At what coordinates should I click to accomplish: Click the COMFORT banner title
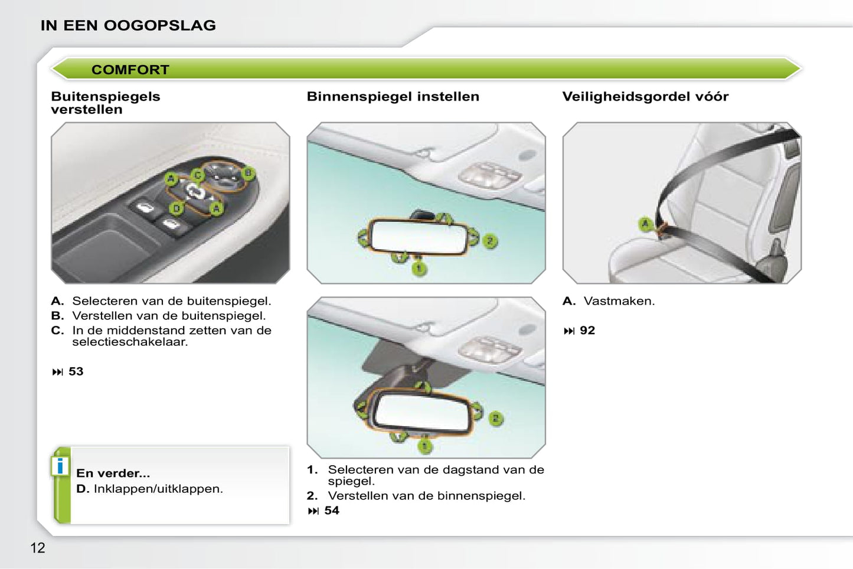tap(130, 70)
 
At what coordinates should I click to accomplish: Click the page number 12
tap(38, 548)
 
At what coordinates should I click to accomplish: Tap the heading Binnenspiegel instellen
tap(393, 96)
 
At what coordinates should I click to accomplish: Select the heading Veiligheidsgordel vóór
tap(645, 96)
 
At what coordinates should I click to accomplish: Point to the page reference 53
tap(76, 371)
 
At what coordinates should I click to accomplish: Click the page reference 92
tap(587, 330)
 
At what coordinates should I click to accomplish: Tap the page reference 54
tap(332, 511)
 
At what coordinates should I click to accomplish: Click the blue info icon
tap(60, 466)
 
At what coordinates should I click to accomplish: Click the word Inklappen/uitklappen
tap(158, 489)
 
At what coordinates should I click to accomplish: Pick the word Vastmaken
tap(619, 301)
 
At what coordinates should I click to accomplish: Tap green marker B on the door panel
tap(249, 174)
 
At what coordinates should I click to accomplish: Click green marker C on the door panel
tap(198, 175)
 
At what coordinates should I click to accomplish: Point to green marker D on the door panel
tap(177, 208)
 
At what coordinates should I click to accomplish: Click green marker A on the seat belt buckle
tap(645, 224)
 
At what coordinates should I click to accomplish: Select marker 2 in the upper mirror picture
tap(490, 241)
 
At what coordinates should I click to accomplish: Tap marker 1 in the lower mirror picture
tap(424, 446)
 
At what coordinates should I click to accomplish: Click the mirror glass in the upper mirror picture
tap(418, 237)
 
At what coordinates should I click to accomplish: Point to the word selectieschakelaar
tap(130, 342)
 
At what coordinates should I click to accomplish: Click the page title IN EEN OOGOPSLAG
tap(128, 25)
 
